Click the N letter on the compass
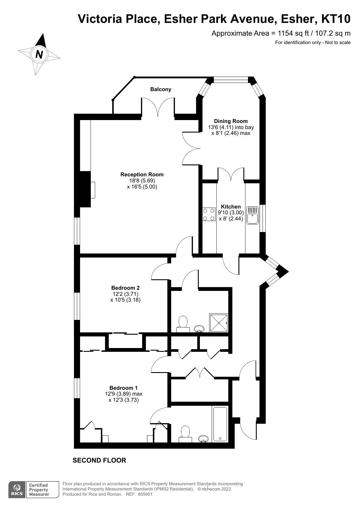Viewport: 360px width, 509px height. tap(39, 54)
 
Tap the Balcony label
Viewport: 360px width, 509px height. tap(160, 89)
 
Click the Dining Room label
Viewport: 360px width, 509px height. tap(231, 121)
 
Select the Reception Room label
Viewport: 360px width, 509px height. tap(142, 175)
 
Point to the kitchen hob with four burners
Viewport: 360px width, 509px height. tap(209, 214)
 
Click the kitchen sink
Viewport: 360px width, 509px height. tap(252, 215)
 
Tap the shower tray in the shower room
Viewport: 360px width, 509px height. tap(219, 323)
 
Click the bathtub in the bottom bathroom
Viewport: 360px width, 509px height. tap(220, 424)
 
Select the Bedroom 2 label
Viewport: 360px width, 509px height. tap(125, 288)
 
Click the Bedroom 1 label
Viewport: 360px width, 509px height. tap(123, 388)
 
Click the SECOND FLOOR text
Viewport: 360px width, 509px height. tap(99, 461)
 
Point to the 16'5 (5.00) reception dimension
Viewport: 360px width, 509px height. tap(142, 187)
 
